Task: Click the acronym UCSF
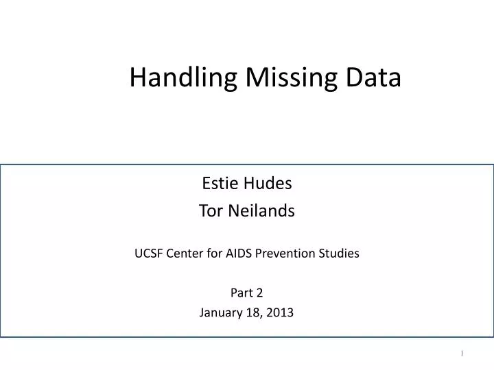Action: pos(148,254)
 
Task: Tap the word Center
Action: pos(186,254)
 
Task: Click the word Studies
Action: pos(340,254)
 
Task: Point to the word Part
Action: pos(242,293)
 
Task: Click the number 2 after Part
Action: pos(259,293)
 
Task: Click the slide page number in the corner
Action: pos(462,354)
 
